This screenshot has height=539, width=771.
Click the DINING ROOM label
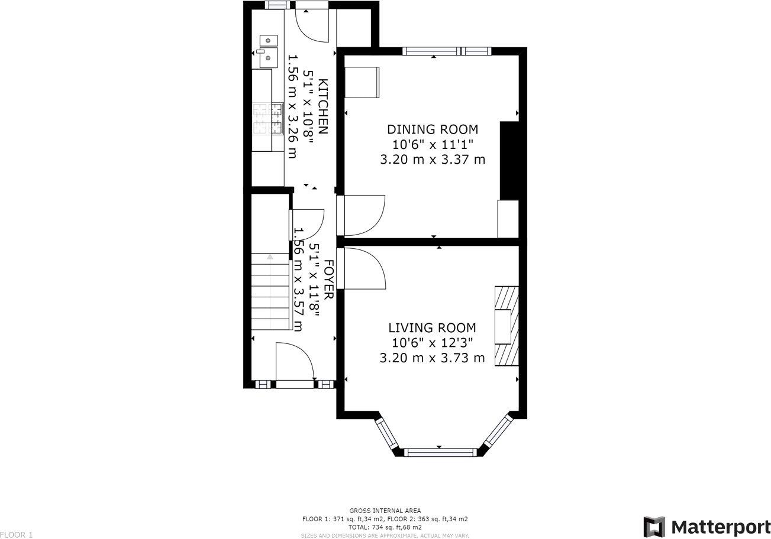432,129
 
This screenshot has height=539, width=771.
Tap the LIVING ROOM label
432,328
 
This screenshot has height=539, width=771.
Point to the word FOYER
327,278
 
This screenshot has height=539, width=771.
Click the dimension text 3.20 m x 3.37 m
432,160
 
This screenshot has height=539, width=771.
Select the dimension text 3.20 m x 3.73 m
432,358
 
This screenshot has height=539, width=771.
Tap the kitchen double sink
267,49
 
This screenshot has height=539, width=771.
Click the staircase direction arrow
270,257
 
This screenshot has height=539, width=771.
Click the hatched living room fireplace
507,326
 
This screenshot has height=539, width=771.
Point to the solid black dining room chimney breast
509,161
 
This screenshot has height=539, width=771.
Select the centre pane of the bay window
440,453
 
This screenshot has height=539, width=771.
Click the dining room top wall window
447,51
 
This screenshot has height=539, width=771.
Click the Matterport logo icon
654,526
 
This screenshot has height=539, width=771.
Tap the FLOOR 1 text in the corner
17,535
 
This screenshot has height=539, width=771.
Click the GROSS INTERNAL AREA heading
385,511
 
